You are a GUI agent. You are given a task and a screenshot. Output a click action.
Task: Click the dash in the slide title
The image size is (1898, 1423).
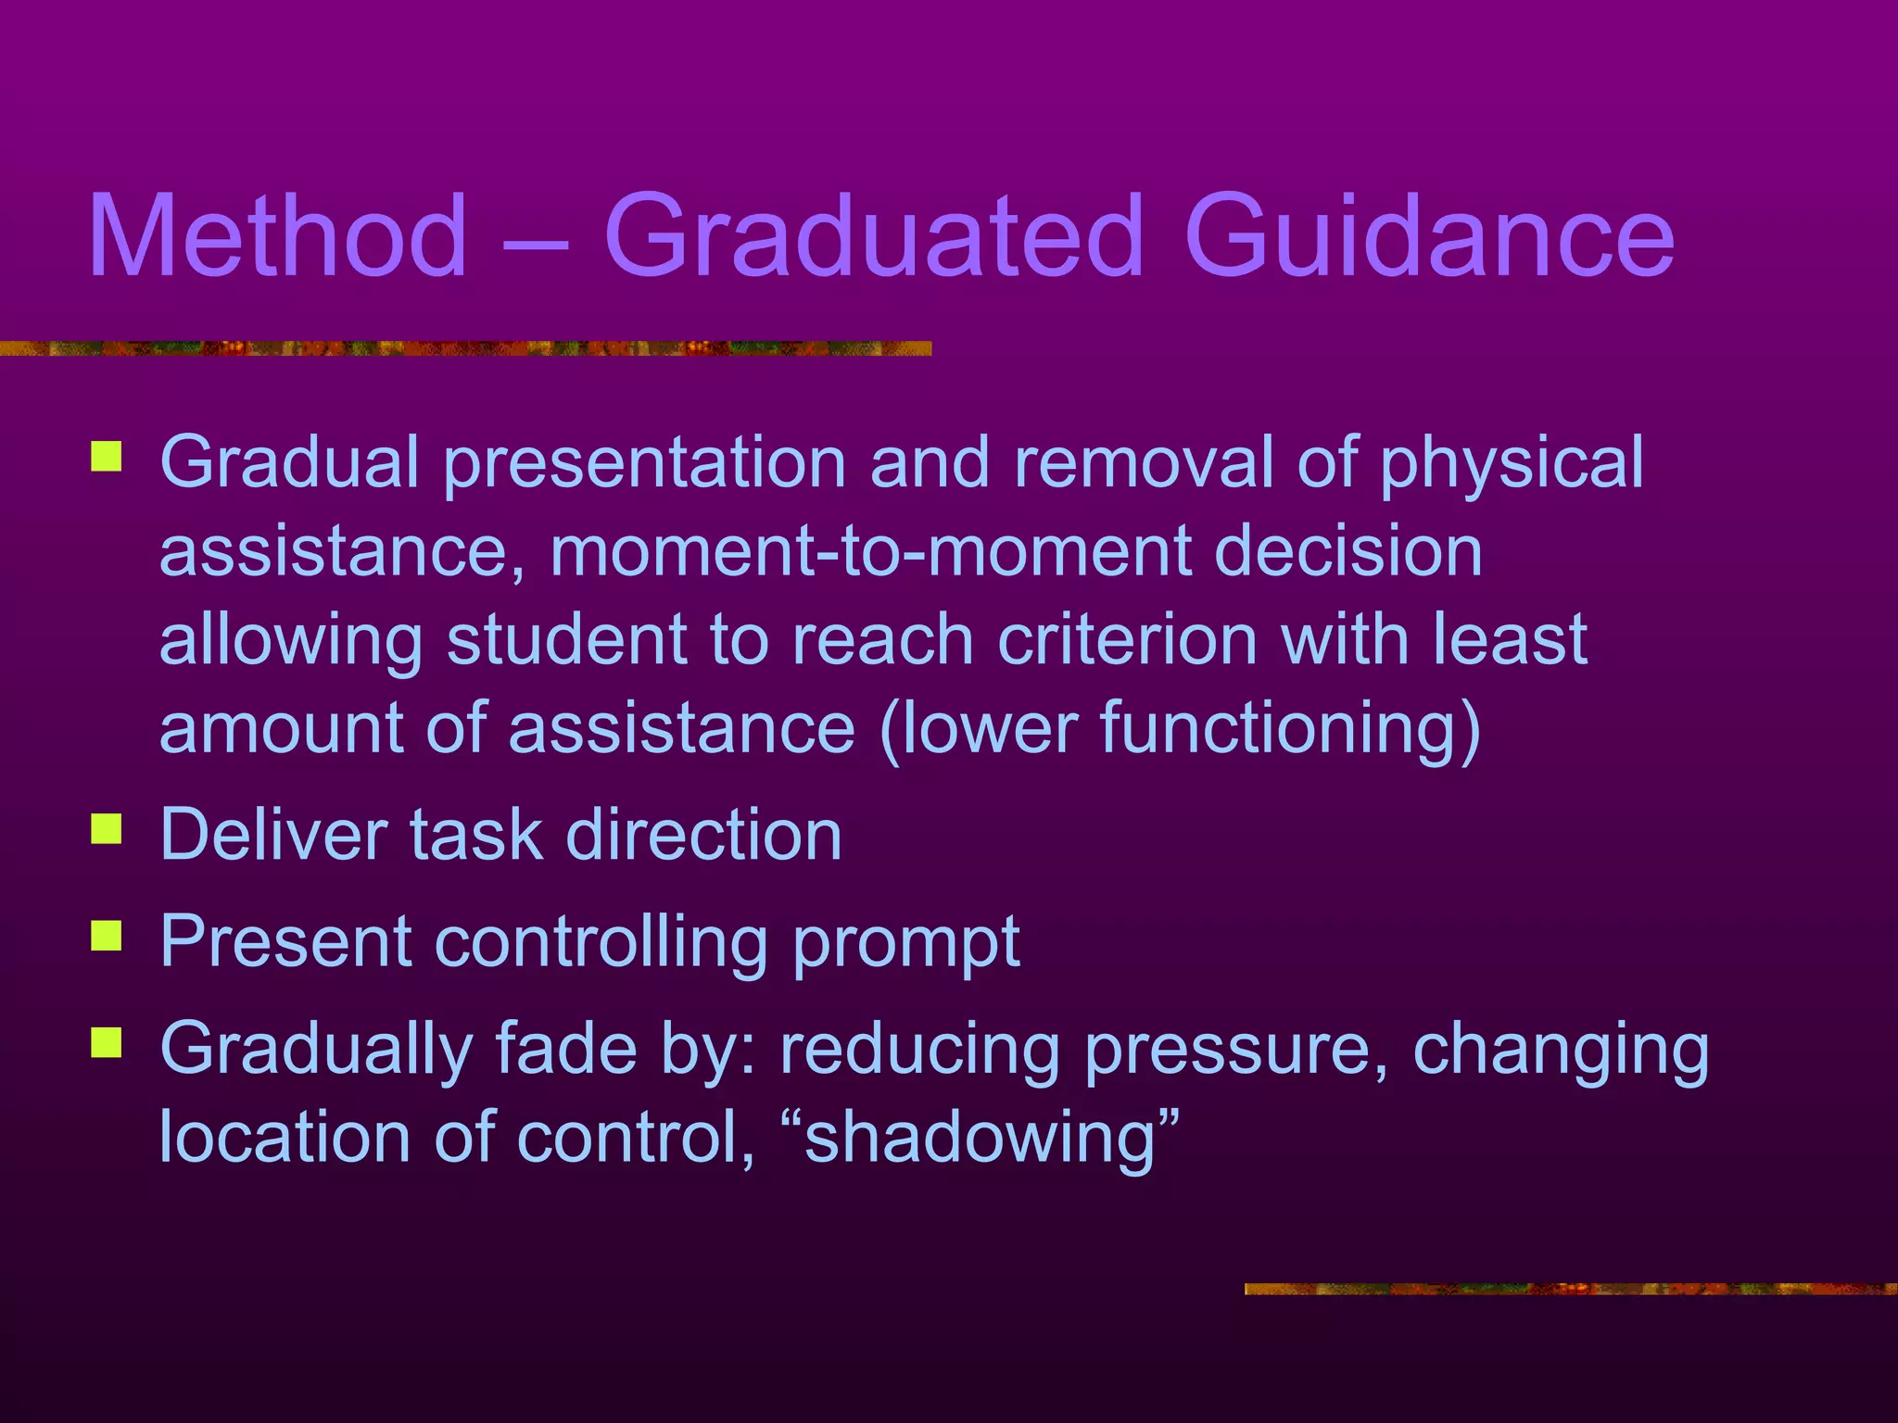click(x=535, y=243)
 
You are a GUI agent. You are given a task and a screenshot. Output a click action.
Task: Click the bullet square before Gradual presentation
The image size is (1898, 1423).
click(x=107, y=458)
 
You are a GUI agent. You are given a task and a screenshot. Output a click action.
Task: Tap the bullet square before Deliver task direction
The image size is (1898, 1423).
click(x=107, y=829)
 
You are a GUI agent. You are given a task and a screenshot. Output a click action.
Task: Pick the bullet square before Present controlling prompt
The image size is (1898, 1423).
click(x=107, y=937)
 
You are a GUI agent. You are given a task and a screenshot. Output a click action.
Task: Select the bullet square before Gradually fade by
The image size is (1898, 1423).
click(x=107, y=1043)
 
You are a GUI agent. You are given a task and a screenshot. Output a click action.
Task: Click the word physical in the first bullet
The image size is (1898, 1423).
click(x=1512, y=463)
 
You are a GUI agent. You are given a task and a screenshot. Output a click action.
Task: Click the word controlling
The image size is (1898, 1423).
click(x=601, y=941)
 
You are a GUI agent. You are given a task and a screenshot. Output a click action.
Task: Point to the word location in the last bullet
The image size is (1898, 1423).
click(x=285, y=1137)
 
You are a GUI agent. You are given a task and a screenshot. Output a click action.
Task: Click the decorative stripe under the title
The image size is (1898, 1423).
click(x=463, y=348)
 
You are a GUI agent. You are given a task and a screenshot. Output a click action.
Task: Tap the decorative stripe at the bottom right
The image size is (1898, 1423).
click(x=1570, y=1289)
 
